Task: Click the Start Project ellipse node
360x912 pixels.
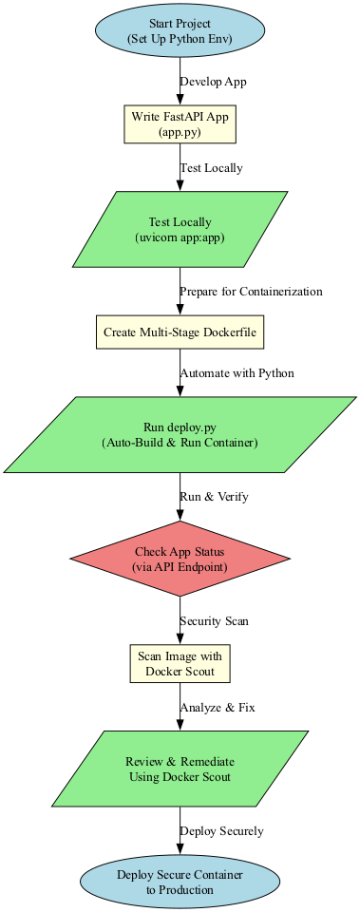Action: tap(180, 30)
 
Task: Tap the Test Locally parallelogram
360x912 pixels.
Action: tap(180, 232)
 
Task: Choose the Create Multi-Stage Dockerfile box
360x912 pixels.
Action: tap(180, 332)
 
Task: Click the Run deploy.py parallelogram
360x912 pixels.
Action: tap(180, 433)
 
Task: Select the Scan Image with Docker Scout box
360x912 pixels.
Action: tap(180, 665)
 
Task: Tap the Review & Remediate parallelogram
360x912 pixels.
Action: tap(180, 769)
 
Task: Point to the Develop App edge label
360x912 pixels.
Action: tap(213, 82)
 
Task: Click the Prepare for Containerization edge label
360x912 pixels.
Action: tap(251, 291)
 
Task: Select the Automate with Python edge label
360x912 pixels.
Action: tap(237, 373)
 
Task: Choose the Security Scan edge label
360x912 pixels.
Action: tap(214, 621)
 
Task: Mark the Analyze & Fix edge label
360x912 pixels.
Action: tap(218, 708)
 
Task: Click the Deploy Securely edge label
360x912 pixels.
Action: tap(221, 831)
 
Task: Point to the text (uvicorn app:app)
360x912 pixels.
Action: tap(180, 240)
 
